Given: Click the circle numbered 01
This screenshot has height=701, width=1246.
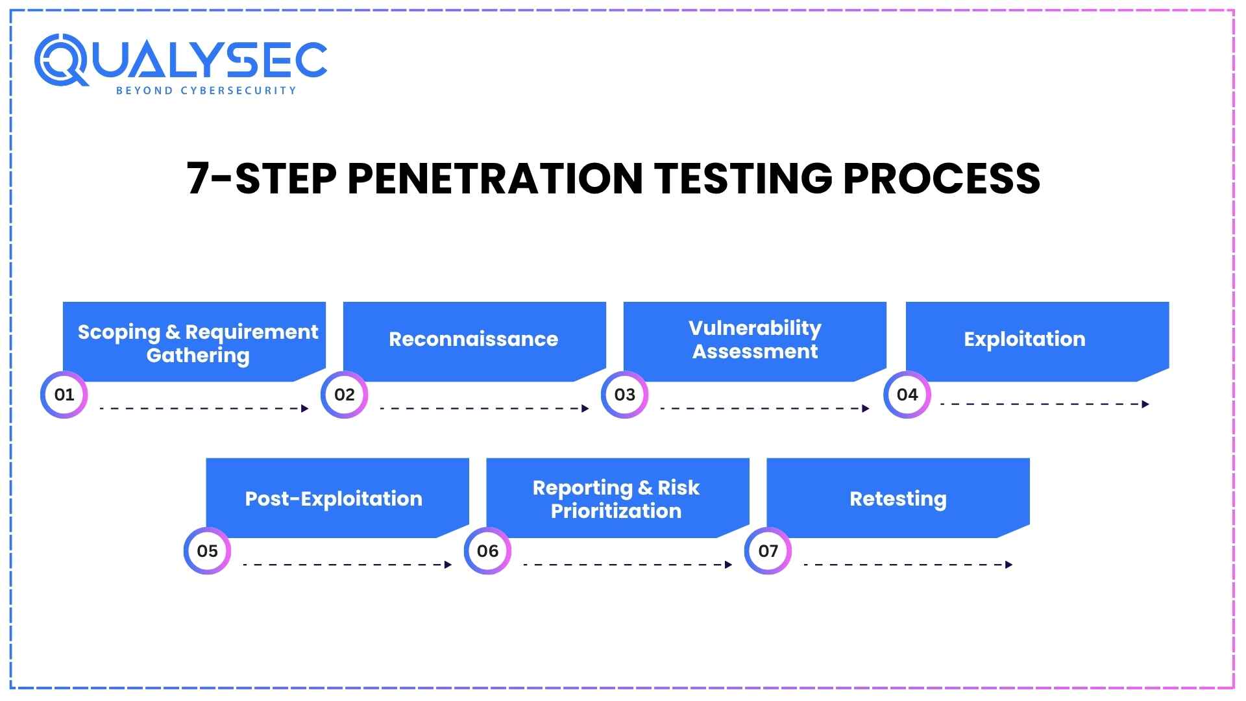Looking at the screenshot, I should click(x=64, y=395).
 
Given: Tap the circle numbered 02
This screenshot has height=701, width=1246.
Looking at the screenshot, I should click(x=344, y=395).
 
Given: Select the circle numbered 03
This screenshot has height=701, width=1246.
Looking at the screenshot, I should click(x=624, y=395).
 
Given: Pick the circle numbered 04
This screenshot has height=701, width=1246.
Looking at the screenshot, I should click(x=907, y=395).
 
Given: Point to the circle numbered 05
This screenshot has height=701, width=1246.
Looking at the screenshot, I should click(x=207, y=551).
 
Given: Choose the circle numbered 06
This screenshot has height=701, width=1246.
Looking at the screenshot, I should click(x=487, y=551).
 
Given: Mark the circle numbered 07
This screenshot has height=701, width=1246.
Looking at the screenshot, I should click(x=768, y=551).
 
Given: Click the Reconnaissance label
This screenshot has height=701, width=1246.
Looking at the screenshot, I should click(x=473, y=339).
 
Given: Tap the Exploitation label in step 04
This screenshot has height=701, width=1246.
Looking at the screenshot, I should click(x=1024, y=339).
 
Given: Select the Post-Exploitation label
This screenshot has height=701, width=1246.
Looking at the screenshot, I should click(x=333, y=498).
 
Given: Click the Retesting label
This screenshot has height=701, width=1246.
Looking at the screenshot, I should click(x=898, y=498).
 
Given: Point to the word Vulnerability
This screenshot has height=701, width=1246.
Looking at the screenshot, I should click(x=755, y=328).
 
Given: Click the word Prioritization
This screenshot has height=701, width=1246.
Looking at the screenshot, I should click(x=616, y=511).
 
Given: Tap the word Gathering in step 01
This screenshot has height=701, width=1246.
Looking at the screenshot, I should click(x=197, y=356).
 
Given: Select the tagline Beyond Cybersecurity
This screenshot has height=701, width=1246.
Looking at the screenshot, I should click(x=206, y=91).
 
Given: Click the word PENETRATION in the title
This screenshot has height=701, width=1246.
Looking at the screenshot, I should click(x=495, y=178).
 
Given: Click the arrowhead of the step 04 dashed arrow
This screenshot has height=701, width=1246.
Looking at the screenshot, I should click(x=1145, y=404).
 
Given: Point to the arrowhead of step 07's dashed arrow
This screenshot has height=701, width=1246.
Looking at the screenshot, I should click(x=1008, y=565).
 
